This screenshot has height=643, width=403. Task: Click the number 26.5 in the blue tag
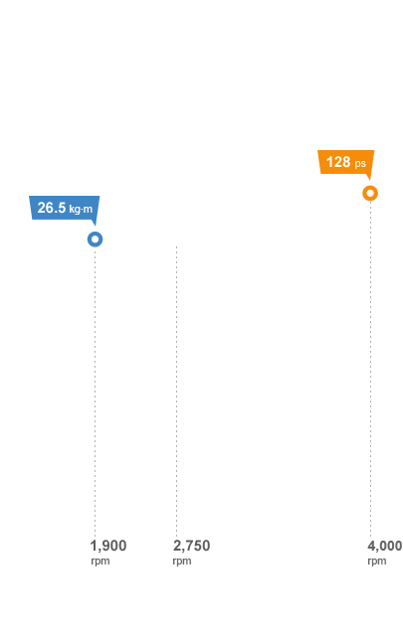(x=52, y=208)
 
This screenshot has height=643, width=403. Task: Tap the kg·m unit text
(x=81, y=209)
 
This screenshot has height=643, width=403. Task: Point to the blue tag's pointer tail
(x=95, y=223)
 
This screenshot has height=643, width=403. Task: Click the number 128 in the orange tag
(x=338, y=162)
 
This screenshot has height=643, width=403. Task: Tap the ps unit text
(x=360, y=164)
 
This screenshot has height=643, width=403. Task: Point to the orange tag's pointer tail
(x=370, y=177)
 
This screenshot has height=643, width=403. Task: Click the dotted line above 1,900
(x=95, y=392)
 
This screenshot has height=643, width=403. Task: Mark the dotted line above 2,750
(x=176, y=392)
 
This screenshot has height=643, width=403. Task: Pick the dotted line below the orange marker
(x=370, y=369)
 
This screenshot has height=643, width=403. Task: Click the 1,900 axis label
(x=108, y=546)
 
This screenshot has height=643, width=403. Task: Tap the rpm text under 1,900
(x=101, y=561)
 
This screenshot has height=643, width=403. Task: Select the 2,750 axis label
(x=191, y=546)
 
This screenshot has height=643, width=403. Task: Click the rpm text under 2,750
(x=182, y=561)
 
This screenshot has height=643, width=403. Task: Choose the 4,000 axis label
(x=384, y=546)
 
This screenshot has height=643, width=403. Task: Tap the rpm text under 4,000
(x=377, y=561)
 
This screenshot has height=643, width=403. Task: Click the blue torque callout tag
(x=65, y=208)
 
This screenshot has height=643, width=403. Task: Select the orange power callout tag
(x=346, y=162)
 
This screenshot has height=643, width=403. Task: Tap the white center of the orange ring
(x=370, y=193)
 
